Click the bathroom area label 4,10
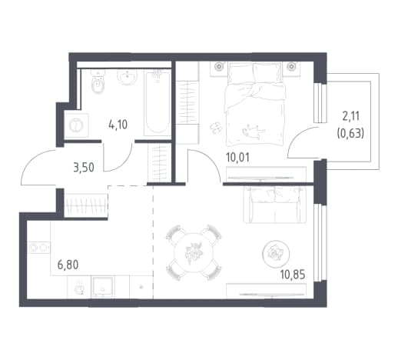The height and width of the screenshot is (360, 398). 118,125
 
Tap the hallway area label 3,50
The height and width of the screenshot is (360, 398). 84,168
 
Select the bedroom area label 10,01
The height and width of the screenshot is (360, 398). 237,157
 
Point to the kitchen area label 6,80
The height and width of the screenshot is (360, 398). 68,265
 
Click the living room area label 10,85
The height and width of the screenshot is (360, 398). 293,275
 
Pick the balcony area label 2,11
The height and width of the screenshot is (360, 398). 350,116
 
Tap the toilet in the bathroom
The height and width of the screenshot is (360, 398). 98,82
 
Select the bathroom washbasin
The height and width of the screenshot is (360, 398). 128,77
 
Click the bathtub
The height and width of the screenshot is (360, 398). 158,102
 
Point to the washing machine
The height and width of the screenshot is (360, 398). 76,125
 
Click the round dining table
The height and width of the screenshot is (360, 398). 194,252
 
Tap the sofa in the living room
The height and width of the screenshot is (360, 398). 274,205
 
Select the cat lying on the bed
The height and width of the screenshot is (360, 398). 253,131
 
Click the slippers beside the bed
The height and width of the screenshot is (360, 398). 216,127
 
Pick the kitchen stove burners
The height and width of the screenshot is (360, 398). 38,248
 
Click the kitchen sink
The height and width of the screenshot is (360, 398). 103,287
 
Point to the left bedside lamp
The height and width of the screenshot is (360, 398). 219,66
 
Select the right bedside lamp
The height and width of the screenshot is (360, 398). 291,66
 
